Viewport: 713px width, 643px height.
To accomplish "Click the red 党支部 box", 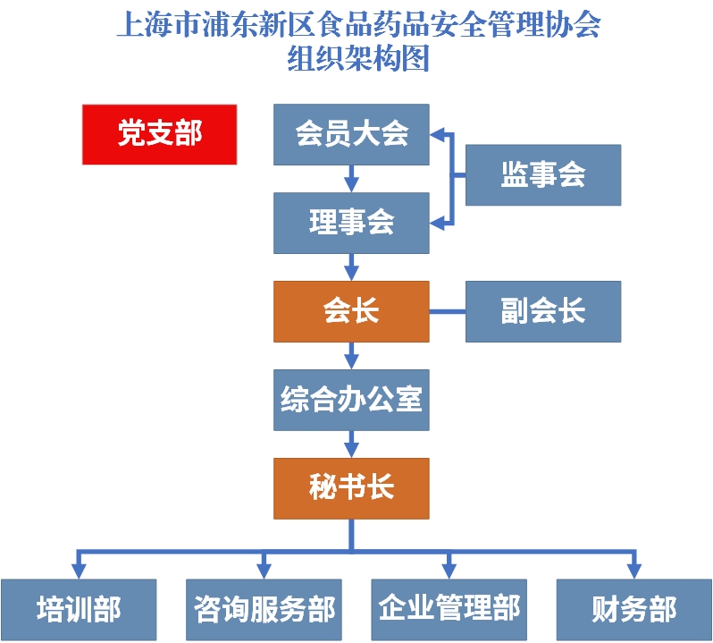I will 159,134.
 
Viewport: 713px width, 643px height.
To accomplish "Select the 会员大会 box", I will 351,134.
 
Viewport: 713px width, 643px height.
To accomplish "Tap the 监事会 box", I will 542,175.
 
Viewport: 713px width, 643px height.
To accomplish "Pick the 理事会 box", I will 351,223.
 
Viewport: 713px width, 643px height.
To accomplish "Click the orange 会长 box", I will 351,311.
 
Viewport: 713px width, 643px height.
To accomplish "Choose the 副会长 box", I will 542,311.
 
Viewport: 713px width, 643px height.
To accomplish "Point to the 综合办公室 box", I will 351,400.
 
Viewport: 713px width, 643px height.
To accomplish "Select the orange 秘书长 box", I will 351,488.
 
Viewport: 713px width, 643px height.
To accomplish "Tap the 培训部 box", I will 79,610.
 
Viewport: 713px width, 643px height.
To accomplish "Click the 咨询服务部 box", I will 264,610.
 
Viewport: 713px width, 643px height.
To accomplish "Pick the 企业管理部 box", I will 449,610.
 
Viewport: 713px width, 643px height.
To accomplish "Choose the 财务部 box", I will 633,610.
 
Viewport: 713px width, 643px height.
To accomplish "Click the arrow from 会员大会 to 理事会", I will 351,178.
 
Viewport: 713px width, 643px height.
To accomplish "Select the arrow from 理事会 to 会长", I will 351,267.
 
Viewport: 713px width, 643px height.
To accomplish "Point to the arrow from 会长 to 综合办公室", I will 351,355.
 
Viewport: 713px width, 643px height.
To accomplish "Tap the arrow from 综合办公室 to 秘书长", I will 351,444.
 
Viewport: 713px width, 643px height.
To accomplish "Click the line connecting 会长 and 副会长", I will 447,312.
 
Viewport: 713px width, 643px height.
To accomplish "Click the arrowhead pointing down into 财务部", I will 633,571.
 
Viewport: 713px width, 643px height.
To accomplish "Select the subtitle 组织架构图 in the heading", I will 357,59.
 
